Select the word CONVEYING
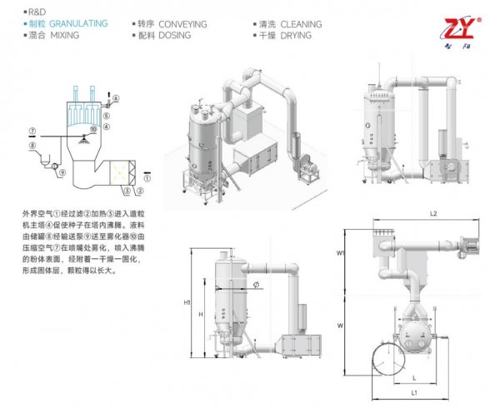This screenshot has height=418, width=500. pos(182,24)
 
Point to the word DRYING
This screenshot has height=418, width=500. pos(297,36)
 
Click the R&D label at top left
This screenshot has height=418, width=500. pos(37,13)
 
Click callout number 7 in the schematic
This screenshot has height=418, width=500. pos(31,131)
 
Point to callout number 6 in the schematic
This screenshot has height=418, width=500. pos(116,99)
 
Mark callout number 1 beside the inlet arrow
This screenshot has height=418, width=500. pos(147,177)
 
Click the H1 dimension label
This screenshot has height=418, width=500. pos(187,301)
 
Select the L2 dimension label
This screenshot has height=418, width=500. pos(432,215)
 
